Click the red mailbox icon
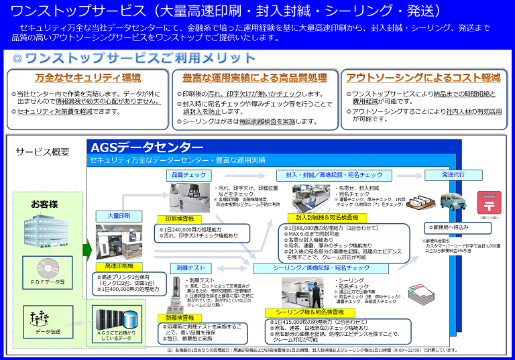coord(490,204)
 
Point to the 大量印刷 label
coord(119,216)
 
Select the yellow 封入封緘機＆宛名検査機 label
coord(323,217)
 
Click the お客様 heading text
coord(44,203)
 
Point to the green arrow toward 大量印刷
coord(87,250)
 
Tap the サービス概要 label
coord(42,152)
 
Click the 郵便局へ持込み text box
coord(460,228)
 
